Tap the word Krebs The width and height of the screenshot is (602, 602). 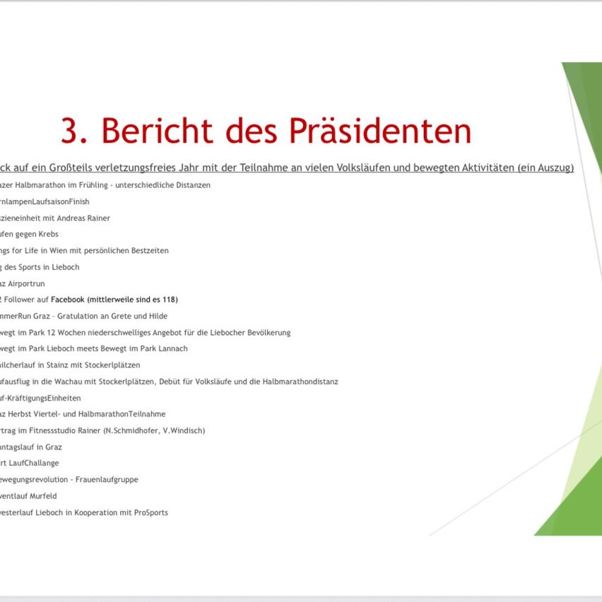[x=48, y=234]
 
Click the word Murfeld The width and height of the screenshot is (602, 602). [x=43, y=496]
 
